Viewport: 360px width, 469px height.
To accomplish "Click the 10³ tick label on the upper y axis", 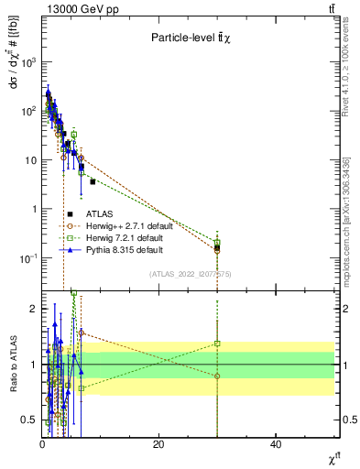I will [x=27, y=61].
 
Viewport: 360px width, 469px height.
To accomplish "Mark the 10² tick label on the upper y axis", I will [x=27, y=111].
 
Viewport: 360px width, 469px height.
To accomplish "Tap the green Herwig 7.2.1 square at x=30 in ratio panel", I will [x=217, y=344].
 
